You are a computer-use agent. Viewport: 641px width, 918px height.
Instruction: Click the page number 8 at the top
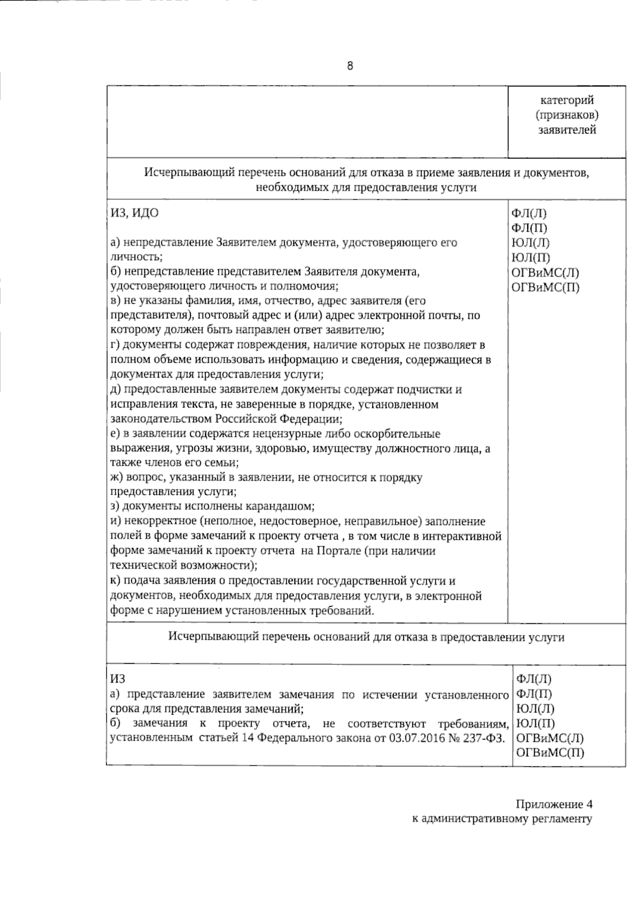[x=350, y=66]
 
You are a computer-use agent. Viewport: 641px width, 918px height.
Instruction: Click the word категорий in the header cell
[x=567, y=100]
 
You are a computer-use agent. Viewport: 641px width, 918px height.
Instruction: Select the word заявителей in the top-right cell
[x=567, y=130]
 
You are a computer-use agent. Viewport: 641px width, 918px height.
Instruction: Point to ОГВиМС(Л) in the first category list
[x=545, y=272]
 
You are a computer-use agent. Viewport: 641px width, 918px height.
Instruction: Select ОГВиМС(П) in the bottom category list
[x=550, y=753]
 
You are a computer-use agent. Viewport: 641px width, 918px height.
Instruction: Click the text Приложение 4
[x=554, y=804]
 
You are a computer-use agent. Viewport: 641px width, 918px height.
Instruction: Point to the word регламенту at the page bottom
[x=562, y=819]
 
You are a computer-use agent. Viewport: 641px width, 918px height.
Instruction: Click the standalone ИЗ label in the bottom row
[x=118, y=679]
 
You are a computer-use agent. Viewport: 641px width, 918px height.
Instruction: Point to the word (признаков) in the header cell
[x=567, y=115]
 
